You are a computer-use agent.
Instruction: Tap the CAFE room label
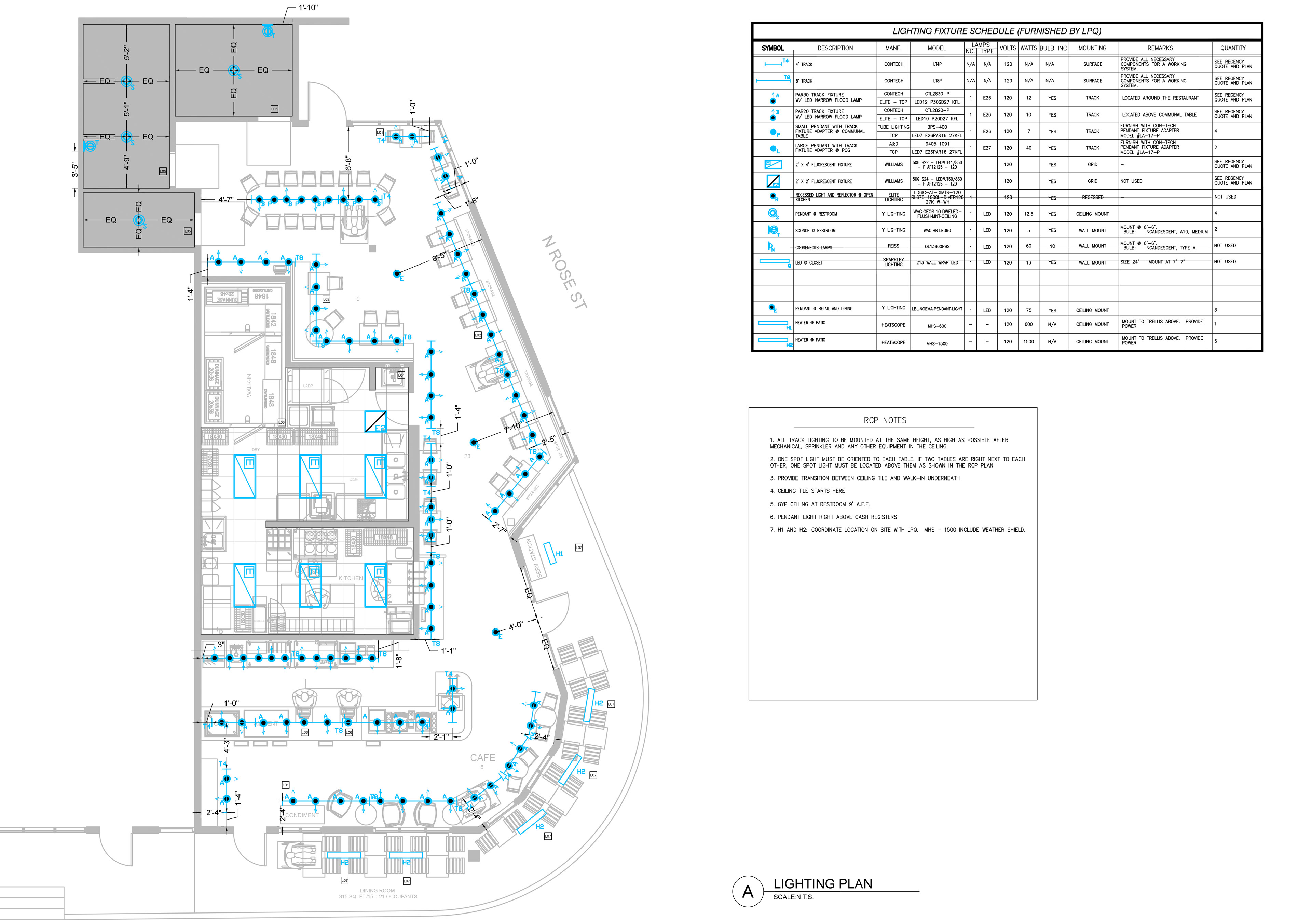[482, 758]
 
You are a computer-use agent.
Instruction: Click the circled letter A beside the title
[748, 891]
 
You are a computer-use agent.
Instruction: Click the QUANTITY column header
[1233, 48]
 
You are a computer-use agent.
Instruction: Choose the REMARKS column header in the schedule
[1160, 48]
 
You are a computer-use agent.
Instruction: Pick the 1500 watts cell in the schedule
[1028, 342]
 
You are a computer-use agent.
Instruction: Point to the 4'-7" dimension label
[226, 200]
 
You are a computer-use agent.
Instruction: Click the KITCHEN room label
[350, 578]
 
